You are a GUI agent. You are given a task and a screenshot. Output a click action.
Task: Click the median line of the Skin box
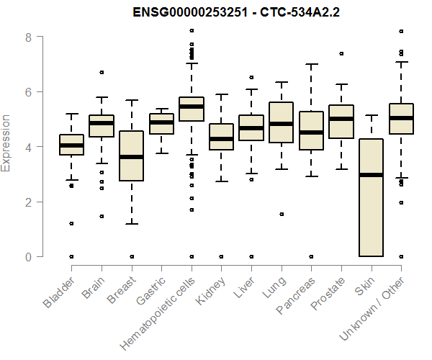[371, 174]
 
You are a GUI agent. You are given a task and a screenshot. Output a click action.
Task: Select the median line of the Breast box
[131, 156]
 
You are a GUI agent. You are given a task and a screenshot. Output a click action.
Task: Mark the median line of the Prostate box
[341, 119]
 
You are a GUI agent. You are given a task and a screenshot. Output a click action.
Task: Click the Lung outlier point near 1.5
[282, 214]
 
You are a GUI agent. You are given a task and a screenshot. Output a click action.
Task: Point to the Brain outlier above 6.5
[102, 72]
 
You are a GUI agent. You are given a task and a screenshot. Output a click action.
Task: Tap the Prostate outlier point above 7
[341, 53]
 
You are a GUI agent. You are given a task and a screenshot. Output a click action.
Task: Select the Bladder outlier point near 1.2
[71, 223]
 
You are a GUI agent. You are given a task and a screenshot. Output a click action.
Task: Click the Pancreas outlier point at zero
[311, 256]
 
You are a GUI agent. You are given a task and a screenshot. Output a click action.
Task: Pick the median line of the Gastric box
[161, 122]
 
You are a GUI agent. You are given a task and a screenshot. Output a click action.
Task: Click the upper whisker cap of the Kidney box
[221, 94]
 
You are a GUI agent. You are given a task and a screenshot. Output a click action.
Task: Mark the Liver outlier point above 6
[251, 77]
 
